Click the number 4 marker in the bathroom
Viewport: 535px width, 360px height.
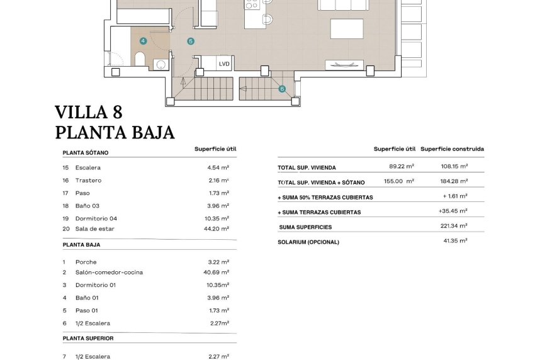tap(144, 40)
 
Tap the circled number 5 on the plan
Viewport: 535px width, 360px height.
tap(191, 41)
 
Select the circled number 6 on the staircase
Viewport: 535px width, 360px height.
tap(282, 89)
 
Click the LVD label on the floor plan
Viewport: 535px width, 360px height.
tap(224, 64)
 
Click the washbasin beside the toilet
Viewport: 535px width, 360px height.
tap(160, 63)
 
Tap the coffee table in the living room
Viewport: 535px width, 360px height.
tap(347, 29)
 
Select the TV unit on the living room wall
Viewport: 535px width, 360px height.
tap(344, 64)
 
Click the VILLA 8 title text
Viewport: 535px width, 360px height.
tap(89, 113)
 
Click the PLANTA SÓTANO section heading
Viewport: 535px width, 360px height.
tap(86, 153)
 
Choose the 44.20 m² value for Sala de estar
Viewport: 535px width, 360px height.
tap(218, 229)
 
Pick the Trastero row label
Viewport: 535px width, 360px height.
tap(88, 181)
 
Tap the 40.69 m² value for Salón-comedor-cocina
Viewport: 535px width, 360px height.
tap(218, 273)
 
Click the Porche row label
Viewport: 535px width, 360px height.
tap(86, 262)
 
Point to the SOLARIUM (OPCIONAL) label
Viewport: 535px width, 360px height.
tap(308, 242)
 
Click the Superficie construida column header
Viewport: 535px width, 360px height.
tap(452, 149)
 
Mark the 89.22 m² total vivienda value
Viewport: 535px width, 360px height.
tap(402, 167)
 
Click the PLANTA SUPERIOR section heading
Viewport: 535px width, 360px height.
tap(88, 339)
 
